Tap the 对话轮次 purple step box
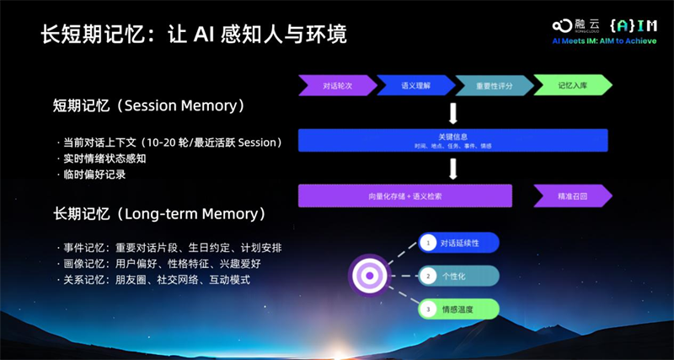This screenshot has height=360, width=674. (335, 86)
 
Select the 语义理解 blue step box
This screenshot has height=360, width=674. (414, 86)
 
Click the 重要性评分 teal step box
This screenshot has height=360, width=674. (494, 86)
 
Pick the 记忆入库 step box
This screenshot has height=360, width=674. (573, 86)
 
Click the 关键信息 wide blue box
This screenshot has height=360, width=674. (453, 140)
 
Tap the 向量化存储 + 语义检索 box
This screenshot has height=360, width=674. (405, 196)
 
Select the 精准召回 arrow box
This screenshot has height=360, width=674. (571, 196)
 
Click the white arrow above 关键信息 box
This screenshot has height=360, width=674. (453, 113)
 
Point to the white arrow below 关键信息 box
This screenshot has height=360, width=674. (453, 169)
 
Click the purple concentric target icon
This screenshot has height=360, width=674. (369, 276)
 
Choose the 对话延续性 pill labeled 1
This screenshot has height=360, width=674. (459, 244)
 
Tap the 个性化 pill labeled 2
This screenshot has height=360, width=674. (459, 276)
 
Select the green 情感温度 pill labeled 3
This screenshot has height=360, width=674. (459, 309)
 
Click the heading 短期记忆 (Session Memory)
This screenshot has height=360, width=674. (148, 106)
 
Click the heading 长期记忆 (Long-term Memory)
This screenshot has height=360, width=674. (159, 213)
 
